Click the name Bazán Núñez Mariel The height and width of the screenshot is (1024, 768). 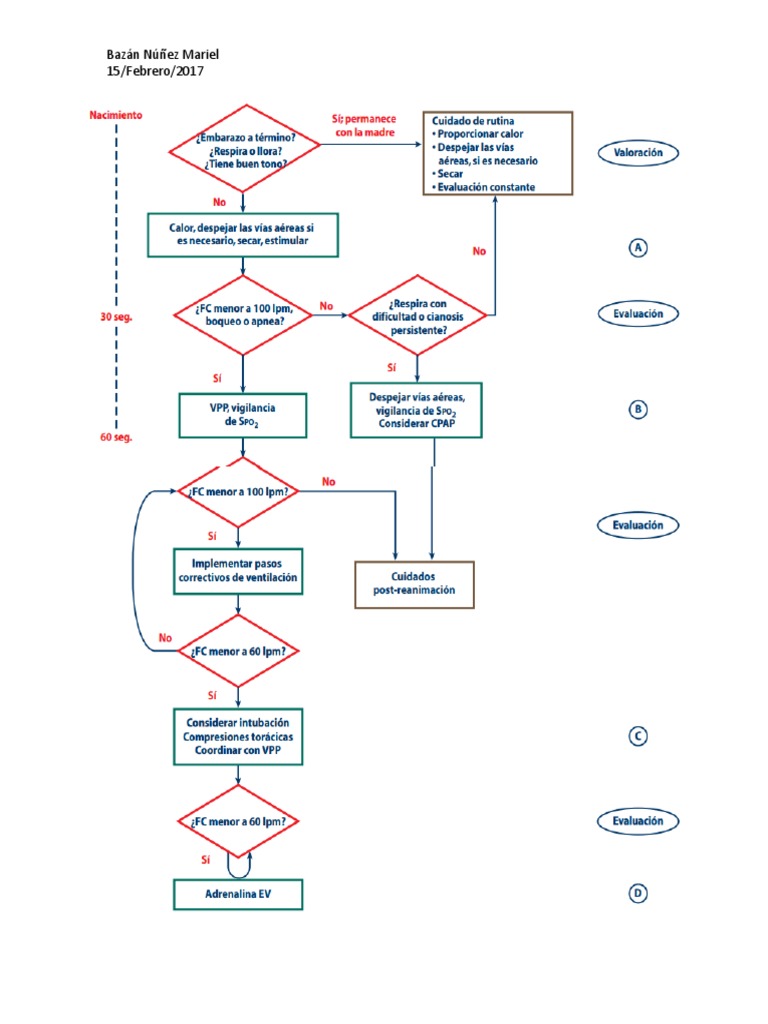point(162,54)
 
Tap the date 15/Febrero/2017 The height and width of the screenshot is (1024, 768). point(158,71)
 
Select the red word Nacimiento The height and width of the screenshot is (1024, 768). point(115,115)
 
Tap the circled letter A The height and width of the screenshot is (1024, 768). point(638,249)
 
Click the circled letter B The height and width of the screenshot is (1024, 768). point(638,409)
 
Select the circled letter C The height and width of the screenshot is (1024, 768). point(638,737)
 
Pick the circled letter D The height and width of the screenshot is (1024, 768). point(638,894)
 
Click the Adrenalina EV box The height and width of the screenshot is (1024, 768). point(237,894)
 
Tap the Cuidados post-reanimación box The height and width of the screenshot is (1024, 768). point(414,584)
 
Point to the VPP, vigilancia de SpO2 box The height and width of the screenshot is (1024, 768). point(243,416)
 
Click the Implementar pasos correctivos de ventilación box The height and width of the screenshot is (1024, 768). point(237,570)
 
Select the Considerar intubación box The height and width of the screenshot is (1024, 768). point(237,737)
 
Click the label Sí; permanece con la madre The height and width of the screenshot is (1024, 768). point(363,124)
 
